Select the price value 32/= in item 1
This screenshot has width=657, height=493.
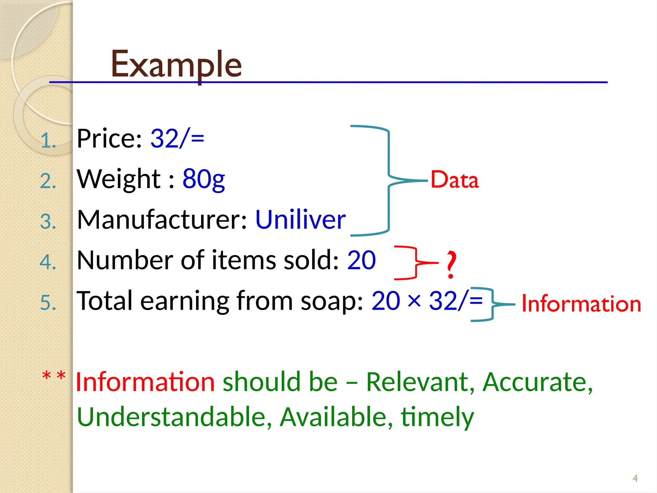pyautogui.click(x=177, y=139)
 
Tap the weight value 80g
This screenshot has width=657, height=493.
pyautogui.click(x=203, y=179)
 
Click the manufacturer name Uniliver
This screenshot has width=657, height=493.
pyautogui.click(x=300, y=220)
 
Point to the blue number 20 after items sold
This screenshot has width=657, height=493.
pyautogui.click(x=361, y=260)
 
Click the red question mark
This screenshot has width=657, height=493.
pyautogui.click(x=451, y=264)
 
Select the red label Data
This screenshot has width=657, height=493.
pyautogui.click(x=454, y=180)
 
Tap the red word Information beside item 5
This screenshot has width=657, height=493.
pyautogui.click(x=581, y=304)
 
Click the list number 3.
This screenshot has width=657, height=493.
pyautogui.click(x=48, y=222)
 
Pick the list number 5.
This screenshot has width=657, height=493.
pyautogui.click(x=48, y=303)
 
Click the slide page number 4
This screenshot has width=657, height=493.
pyautogui.click(x=635, y=479)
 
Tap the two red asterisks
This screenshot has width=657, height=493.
pyautogui.click(x=54, y=376)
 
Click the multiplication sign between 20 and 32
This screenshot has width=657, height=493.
pyautogui.click(x=414, y=301)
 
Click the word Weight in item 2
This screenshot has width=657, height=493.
pyautogui.click(x=119, y=179)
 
